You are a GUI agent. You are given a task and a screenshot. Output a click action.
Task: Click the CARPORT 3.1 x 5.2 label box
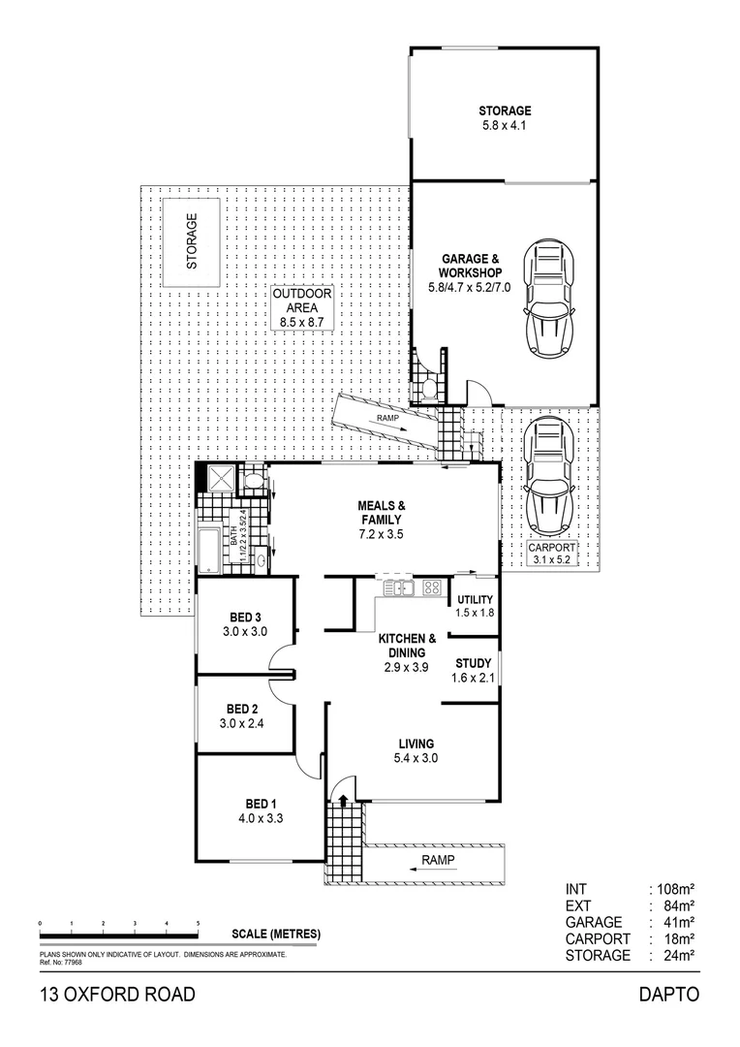pos(551,554)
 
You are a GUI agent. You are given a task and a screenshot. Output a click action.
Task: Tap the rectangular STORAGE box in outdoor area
pos(190,242)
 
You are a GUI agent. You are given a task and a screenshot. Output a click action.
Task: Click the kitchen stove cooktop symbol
pos(432,587)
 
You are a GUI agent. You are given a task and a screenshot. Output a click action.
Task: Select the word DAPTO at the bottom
pos(667,994)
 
